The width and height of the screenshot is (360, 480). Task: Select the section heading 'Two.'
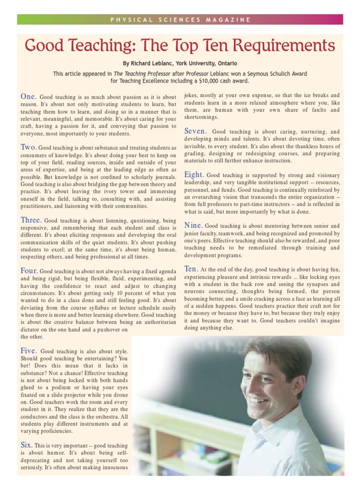coord(29,147)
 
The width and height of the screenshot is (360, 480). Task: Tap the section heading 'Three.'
coord(31,220)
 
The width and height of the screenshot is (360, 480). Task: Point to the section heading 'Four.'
coord(29,270)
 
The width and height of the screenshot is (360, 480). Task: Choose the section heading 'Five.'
coord(29,351)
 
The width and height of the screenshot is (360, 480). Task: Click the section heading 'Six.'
coord(26,445)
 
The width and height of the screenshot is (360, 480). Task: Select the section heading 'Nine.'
coord(194,225)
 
